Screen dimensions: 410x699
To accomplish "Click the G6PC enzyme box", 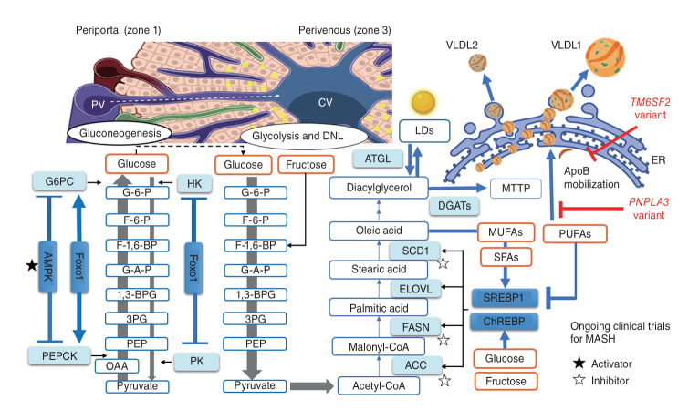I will click(52, 183).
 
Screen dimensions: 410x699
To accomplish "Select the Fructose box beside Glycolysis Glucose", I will click(297, 166).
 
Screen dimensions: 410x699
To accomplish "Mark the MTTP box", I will click(516, 189).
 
